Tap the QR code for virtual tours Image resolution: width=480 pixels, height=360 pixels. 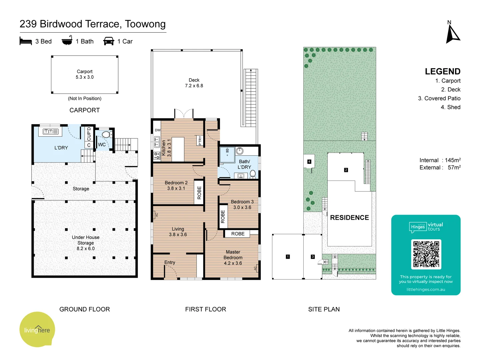tap(426, 254)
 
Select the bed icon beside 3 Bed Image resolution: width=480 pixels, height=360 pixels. tap(26, 41)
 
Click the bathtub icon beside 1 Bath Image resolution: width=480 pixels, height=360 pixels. tap(67, 41)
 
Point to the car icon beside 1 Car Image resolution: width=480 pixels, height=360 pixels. tap(109, 41)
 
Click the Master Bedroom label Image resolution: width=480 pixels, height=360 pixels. tap(233, 258)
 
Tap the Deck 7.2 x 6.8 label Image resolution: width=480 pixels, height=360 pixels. tap(194, 83)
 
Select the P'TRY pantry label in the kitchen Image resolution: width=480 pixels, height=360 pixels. tap(200, 141)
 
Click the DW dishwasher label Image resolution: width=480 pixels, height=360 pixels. tap(158, 130)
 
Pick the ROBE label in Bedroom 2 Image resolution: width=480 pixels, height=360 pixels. tap(199, 193)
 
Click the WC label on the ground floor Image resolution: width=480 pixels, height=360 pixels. tap(102, 145)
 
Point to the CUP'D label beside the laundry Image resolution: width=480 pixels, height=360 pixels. tap(89, 134)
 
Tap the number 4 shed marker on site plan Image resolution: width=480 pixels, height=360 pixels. tap(309, 162)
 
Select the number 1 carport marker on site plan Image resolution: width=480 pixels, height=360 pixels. tap(288, 257)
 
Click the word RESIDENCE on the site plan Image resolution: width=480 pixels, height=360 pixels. tap(349, 218)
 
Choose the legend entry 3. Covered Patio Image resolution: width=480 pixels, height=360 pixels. tap(439, 98)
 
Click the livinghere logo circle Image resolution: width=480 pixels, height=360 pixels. tap(37, 330)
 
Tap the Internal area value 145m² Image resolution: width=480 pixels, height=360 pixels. tap(453, 160)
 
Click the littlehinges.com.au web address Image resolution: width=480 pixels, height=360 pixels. tap(426, 289)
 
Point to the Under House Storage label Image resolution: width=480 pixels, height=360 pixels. tap(86, 243)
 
